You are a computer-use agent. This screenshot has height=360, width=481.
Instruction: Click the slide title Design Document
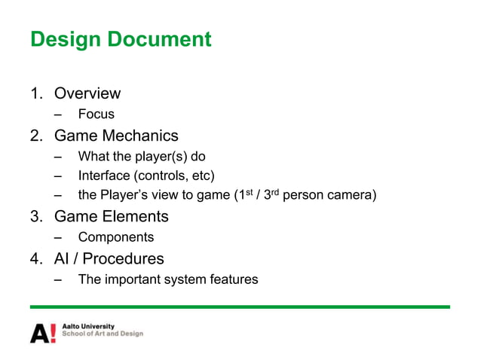121,39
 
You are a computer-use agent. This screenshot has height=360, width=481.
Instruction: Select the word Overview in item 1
87,93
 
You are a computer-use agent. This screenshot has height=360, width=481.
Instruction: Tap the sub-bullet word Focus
97,114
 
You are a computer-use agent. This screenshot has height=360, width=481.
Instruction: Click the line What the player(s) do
142,157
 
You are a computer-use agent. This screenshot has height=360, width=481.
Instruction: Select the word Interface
103,176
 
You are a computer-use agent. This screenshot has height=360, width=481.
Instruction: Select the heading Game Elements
111,217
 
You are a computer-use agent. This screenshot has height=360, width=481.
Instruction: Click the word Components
116,238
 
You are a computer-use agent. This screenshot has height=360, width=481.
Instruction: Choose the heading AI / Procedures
109,259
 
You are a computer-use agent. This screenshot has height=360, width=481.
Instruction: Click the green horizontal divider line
240,307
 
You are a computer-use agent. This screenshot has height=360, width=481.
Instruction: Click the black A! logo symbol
42,332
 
